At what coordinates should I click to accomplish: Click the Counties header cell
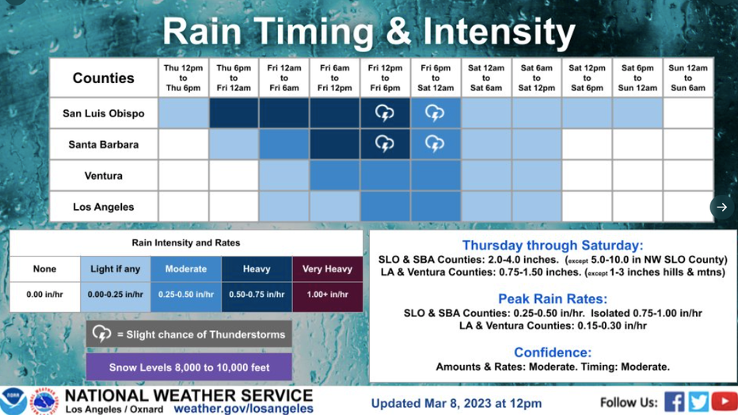click(104, 78)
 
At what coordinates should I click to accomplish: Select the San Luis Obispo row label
click(104, 113)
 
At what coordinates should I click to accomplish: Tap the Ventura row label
click(104, 176)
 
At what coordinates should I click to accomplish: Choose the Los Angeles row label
click(104, 207)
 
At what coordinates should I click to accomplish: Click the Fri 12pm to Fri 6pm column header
click(385, 78)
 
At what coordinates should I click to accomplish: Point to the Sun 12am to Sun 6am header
click(688, 78)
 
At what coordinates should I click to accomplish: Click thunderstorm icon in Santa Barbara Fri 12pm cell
click(385, 144)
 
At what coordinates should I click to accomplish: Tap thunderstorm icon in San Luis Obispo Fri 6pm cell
click(435, 113)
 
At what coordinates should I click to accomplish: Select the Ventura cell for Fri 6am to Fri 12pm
click(335, 176)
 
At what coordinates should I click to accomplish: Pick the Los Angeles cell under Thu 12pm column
click(183, 207)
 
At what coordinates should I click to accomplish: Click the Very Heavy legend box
click(328, 269)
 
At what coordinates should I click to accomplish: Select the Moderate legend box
click(186, 269)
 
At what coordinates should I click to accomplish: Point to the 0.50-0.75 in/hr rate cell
click(257, 295)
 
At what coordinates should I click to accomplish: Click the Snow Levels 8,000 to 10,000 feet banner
click(189, 367)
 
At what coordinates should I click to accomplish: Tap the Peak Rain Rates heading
click(553, 299)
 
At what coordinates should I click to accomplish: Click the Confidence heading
click(553, 352)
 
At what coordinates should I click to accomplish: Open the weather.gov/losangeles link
click(244, 409)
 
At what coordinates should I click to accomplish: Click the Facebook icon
click(675, 402)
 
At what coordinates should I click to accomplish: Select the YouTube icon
click(725, 402)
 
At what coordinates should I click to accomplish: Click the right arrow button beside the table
click(722, 207)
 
